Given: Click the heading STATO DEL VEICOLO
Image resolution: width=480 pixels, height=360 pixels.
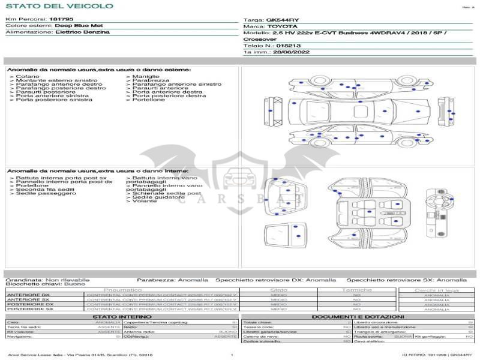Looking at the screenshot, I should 59,6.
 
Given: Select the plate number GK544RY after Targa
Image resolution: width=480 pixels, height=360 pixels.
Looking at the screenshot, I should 282,20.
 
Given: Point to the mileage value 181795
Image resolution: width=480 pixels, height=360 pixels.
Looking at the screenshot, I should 61,19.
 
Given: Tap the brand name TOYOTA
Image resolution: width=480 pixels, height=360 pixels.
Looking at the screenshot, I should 281,26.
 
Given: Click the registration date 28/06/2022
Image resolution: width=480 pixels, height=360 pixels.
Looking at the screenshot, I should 284,52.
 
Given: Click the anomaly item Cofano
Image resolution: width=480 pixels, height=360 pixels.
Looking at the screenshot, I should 28,77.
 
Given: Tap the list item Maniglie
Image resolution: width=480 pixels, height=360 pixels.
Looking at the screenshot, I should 146,77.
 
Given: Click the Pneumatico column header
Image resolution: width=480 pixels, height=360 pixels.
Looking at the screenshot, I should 123,290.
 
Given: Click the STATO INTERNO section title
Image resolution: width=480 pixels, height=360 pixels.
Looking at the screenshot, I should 122,316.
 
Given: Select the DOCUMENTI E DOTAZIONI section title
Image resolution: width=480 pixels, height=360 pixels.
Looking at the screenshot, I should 358,316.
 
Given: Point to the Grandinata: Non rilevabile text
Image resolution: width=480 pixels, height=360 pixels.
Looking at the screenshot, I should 47,280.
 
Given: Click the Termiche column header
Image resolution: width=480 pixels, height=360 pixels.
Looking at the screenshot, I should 357,290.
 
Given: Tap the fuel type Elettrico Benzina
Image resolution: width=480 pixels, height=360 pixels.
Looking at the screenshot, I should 82,32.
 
